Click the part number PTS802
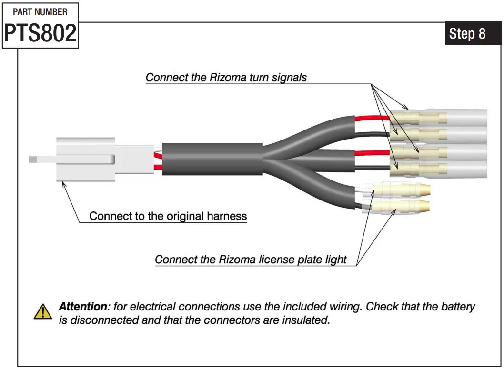(x=40, y=34)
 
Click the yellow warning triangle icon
(x=43, y=312)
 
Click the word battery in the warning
(x=456, y=307)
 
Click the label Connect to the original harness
(x=168, y=216)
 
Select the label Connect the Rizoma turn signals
(x=226, y=78)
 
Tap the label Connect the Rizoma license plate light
(x=251, y=260)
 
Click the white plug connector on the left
(x=86, y=160)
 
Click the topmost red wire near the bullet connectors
(x=372, y=118)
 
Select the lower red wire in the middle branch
(x=372, y=153)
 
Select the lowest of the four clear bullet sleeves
(x=438, y=169)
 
